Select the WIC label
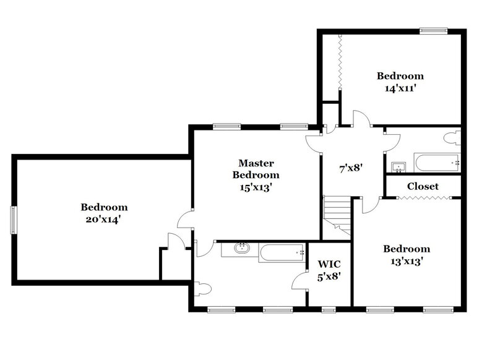[329, 265]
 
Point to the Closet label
[423, 186]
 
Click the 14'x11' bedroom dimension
[400, 88]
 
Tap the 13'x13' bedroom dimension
[407, 260]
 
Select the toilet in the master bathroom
[203, 289]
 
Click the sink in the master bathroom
[240, 249]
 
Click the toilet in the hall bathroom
[452, 138]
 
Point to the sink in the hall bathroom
[398, 166]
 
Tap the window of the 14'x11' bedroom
[433, 30]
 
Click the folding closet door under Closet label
[420, 198]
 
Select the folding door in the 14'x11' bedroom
[339, 65]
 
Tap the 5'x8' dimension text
[329, 278]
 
